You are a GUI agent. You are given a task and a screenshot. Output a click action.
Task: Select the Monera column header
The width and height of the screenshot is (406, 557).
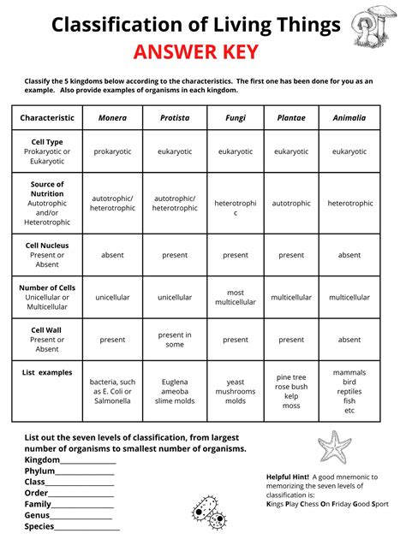click(112, 118)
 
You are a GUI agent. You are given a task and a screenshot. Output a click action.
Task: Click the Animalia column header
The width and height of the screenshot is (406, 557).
click(349, 118)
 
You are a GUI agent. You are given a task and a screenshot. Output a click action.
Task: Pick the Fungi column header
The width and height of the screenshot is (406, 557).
click(236, 118)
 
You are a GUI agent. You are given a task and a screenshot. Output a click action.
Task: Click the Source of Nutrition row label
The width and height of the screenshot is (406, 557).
click(47, 203)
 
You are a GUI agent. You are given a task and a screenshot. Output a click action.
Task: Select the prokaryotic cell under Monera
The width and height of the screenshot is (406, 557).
click(112, 151)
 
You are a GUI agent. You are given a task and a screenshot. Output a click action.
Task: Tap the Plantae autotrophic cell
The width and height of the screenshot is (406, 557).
click(291, 204)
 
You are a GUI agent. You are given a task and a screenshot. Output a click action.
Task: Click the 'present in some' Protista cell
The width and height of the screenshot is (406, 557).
click(175, 340)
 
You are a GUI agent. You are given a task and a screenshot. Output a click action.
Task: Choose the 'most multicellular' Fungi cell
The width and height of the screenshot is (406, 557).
click(236, 297)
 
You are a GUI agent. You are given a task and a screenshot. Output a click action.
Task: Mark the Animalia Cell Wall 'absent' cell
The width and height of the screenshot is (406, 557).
click(349, 340)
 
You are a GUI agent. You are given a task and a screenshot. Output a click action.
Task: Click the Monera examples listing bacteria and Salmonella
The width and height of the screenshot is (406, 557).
click(112, 391)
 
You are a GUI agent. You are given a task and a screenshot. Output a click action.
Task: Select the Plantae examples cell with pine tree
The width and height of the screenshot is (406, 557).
click(291, 391)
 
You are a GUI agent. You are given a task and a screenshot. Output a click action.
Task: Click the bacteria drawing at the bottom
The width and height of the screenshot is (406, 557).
click(208, 512)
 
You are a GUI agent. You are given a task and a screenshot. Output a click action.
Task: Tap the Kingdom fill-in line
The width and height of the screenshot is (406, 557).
click(87, 462)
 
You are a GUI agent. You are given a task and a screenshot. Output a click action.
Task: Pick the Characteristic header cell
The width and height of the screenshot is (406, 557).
click(47, 118)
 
